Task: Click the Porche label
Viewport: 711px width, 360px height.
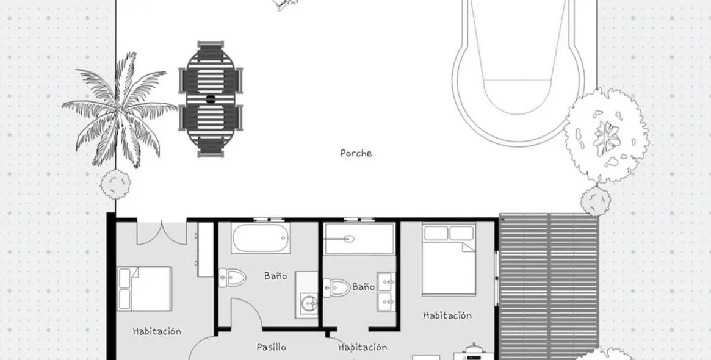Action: (356, 153)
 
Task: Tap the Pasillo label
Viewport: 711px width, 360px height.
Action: (271, 347)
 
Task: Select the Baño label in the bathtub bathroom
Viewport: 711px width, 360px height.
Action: (275, 276)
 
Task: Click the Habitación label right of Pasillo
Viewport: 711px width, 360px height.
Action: (362, 347)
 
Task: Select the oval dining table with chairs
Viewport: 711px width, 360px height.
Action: (211, 99)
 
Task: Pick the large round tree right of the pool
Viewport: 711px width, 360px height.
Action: (605, 135)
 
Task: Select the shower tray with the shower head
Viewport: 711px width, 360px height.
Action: (359, 239)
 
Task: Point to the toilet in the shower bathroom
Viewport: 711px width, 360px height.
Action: (337, 287)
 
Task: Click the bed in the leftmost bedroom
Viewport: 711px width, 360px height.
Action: (145, 289)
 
